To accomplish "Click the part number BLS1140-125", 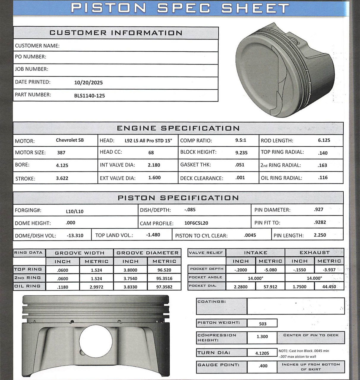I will (89, 96).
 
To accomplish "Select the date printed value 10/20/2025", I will (88, 83).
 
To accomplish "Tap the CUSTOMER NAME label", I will (37, 46).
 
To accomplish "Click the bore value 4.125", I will (62, 165).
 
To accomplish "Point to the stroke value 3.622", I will (62, 178).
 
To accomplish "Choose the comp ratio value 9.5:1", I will (241, 140).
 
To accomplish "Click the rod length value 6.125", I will (324, 140).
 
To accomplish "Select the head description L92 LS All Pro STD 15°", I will (148, 141).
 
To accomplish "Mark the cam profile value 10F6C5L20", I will (196, 223).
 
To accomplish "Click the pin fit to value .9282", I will (320, 222).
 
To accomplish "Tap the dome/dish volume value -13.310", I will (75, 235).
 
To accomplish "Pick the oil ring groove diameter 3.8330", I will (130, 287).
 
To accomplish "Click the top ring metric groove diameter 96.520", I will (164, 270).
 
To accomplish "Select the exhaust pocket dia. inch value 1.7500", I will (299, 286).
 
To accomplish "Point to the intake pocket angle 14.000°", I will (255, 278).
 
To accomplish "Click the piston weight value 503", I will (263, 324).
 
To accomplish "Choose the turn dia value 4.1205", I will (262, 353).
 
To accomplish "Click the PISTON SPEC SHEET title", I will (180, 8).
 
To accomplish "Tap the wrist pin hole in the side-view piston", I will (96, 341).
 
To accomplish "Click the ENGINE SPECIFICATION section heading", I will (178, 128).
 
